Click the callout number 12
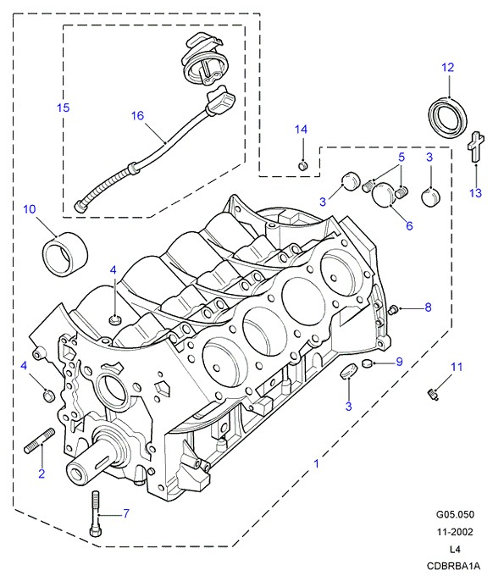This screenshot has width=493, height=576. tap(447, 68)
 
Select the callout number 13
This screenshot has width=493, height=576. tap(476, 193)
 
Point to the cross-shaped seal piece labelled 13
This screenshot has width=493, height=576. tap(474, 146)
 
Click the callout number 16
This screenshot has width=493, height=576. tap(137, 116)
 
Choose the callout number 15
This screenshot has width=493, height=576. tap(64, 108)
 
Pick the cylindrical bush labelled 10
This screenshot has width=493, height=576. tap(66, 253)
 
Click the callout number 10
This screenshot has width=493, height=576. tap(30, 209)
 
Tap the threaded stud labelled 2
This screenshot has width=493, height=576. tap(39, 440)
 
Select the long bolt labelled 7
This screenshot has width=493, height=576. tap(96, 513)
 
